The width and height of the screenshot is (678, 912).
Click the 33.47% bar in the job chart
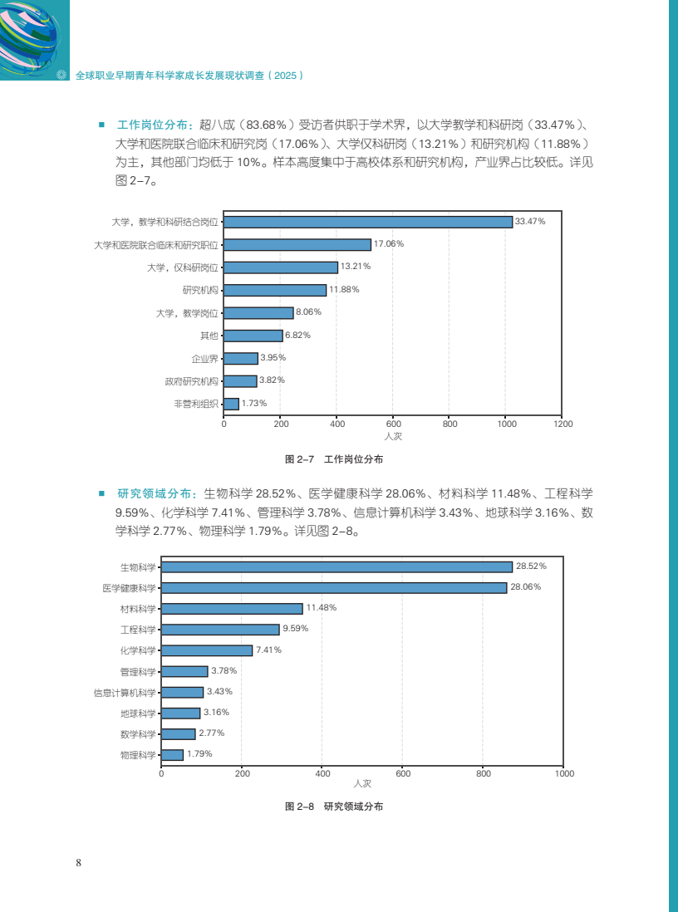368,222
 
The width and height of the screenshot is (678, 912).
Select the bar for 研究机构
275,290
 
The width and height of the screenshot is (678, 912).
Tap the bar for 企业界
241,358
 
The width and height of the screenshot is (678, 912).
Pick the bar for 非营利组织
231,404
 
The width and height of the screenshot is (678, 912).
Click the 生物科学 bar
337,566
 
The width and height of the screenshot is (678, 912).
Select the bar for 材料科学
232,608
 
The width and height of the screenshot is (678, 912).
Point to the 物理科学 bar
172,754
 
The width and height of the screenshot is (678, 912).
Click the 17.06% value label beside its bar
389,244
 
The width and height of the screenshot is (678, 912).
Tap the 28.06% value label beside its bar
525,587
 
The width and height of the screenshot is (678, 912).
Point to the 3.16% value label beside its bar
216,713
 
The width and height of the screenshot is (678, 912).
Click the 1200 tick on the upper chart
563,424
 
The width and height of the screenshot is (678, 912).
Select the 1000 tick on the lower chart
563,773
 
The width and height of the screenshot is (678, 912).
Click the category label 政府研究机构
191,381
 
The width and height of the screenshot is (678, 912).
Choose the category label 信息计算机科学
125,692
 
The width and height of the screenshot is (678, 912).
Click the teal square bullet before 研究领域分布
101,492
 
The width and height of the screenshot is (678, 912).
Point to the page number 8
78,861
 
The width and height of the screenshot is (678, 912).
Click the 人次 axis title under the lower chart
361,784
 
